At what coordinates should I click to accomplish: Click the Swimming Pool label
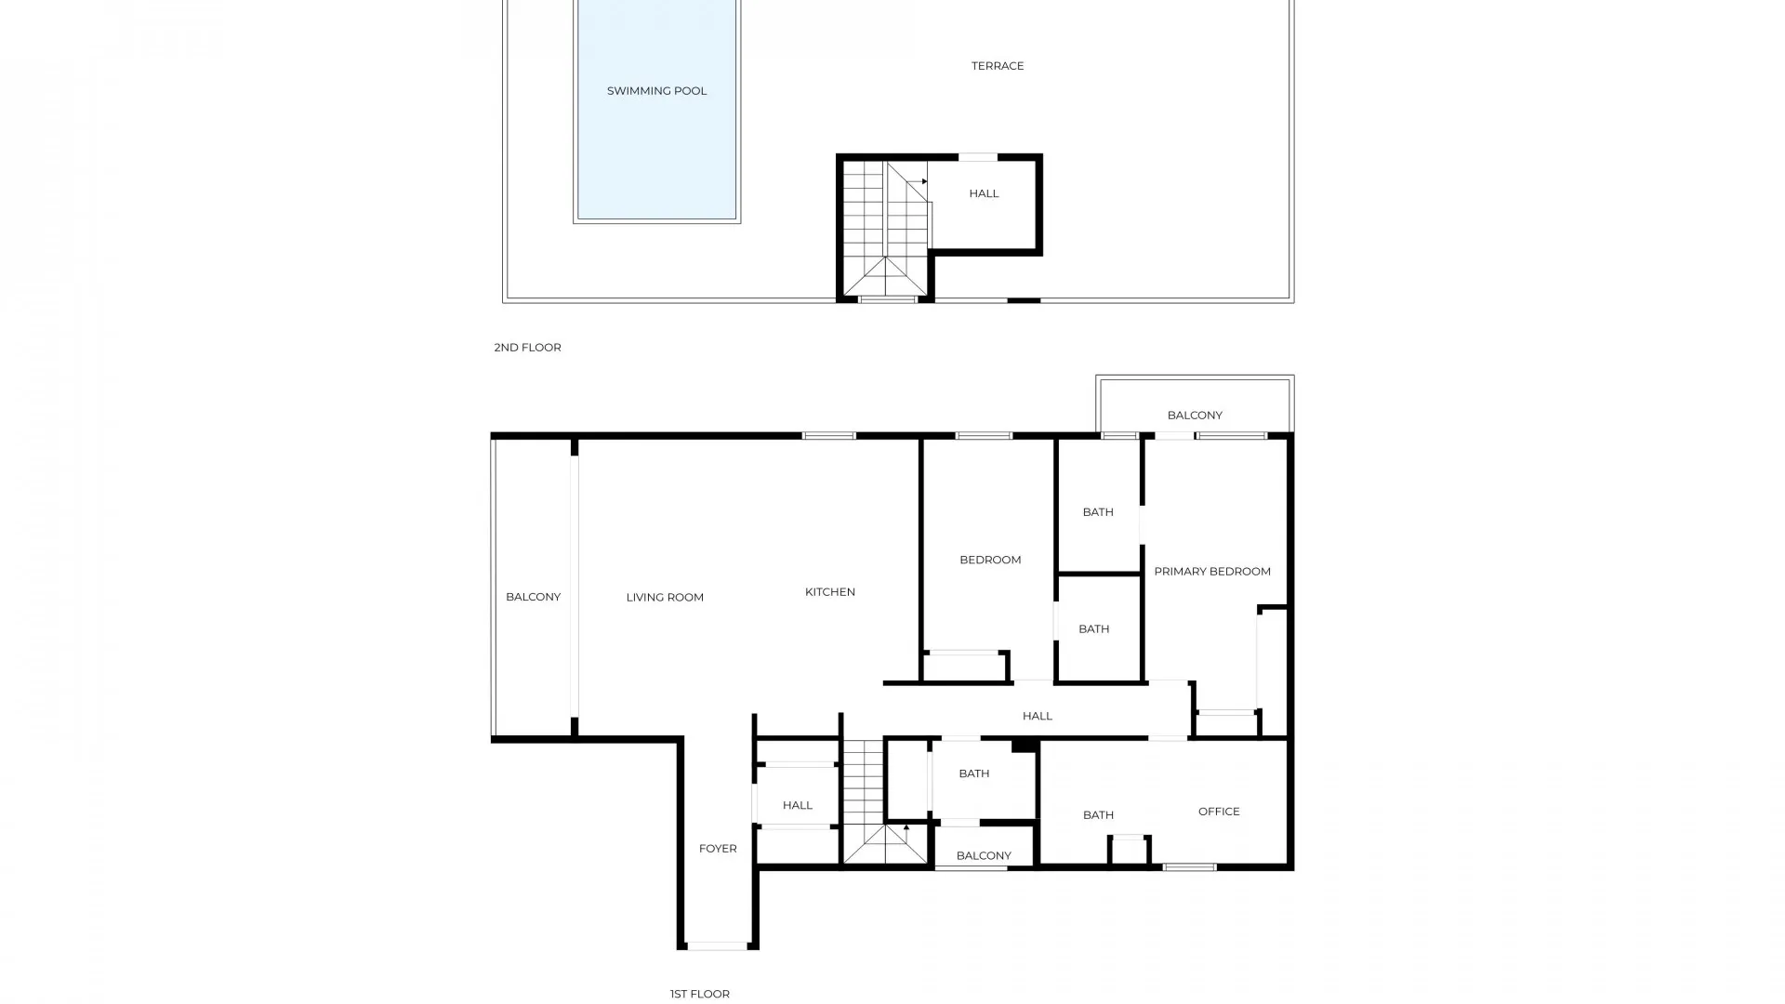pos(656,91)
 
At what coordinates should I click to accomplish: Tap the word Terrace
pos(998,66)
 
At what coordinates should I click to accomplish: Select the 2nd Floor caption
pos(527,348)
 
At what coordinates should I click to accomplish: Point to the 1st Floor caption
pos(699,994)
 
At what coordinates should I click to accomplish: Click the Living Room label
pos(665,598)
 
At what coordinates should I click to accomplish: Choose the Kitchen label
pos(829,592)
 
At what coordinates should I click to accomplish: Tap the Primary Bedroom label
pos(1211,572)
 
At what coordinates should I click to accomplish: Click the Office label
pos(1219,812)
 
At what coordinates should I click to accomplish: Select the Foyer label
pos(718,849)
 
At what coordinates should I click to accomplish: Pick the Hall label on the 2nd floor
pos(984,193)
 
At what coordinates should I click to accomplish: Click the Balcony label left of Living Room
pos(533,597)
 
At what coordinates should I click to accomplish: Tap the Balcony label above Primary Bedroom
pos(1195,416)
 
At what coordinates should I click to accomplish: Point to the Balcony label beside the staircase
pos(984,856)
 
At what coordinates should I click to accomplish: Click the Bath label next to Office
pos(1098,815)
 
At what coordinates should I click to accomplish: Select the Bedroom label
pos(990,560)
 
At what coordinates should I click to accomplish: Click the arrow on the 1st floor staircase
pos(906,826)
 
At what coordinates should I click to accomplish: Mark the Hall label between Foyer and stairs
pos(797,806)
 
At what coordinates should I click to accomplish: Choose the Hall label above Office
pos(1037,716)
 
